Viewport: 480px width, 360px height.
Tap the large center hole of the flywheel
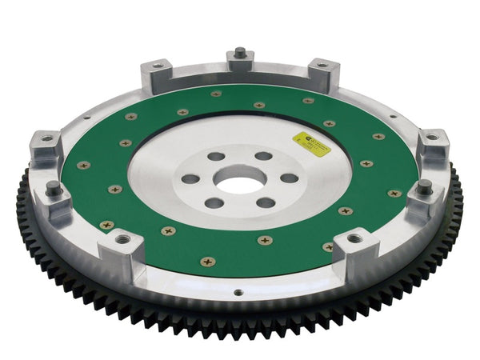coord(238,181)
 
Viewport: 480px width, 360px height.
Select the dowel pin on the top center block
coord(239,54)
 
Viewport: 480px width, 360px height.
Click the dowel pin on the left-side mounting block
coord(54,190)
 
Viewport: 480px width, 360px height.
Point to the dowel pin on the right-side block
coord(424,187)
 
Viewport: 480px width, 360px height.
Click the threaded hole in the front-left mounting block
coord(122,238)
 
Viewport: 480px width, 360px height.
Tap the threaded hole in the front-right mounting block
coord(354,238)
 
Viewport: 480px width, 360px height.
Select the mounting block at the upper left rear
coord(157,74)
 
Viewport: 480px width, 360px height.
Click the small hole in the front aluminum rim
coord(238,293)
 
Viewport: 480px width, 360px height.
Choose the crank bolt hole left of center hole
coord(190,179)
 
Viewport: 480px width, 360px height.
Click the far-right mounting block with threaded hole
coord(433,144)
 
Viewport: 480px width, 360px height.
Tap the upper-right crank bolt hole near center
coord(264,157)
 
